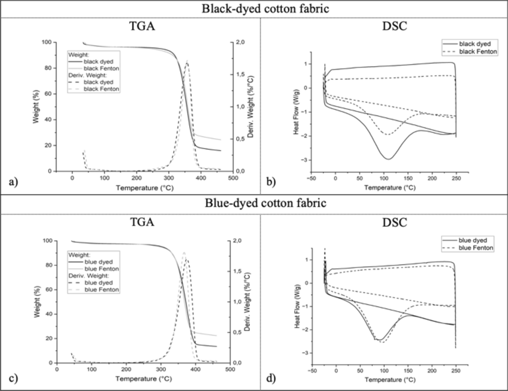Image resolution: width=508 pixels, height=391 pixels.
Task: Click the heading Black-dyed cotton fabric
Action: (x=265, y=8)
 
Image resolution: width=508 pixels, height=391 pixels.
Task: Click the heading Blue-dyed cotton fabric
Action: (x=265, y=203)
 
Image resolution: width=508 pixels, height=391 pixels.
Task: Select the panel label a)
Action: (x=13, y=182)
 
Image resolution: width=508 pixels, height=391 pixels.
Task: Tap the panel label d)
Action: (x=271, y=378)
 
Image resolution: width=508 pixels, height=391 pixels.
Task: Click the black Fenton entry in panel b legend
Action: (x=478, y=52)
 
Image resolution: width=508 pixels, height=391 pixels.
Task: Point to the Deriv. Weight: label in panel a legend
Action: (x=88, y=75)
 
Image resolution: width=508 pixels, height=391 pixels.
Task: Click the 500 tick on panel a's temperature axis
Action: (x=233, y=178)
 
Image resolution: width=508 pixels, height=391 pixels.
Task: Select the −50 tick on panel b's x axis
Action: (x=311, y=178)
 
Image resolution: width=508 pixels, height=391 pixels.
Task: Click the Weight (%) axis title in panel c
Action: (x=37, y=302)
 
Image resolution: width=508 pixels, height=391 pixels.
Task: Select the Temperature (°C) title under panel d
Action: (x=390, y=380)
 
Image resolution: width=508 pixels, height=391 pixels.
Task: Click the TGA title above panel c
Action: (x=142, y=222)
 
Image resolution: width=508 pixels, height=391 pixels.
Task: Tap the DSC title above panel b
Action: (x=394, y=27)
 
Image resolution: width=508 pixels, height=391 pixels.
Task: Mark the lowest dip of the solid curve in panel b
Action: (x=389, y=159)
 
